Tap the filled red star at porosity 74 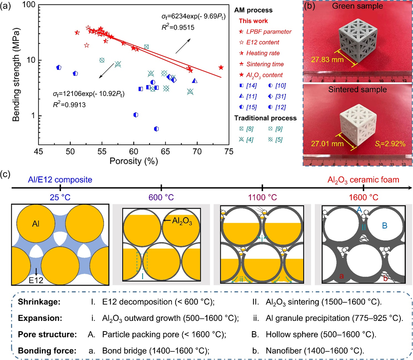click(x=221, y=68)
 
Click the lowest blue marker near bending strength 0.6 click(x=156, y=129)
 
